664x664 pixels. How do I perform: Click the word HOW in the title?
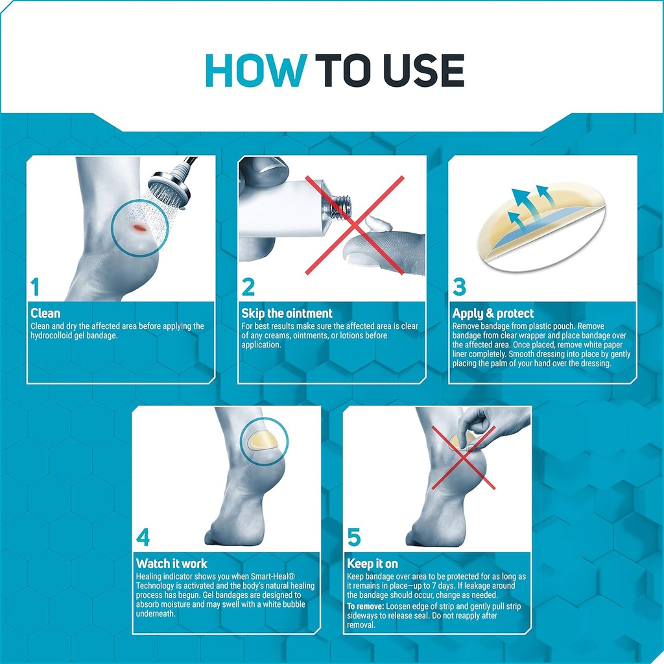coord(255,70)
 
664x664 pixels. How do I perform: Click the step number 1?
coord(35,287)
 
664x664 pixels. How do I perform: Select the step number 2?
coord(248,287)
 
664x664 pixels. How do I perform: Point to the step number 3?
coord(459,287)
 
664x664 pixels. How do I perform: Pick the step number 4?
coord(143,538)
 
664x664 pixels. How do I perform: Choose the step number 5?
coord(353,538)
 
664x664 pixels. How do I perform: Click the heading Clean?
coord(45,313)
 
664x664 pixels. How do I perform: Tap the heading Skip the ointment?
coord(287,313)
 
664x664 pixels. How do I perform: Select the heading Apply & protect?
coord(493,314)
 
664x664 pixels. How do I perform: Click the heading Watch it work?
coord(171,563)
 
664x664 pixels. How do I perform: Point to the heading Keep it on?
coord(372,564)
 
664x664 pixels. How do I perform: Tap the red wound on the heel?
coord(140,228)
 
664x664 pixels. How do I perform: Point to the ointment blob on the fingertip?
coord(377,223)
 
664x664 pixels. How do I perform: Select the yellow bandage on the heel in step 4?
coord(263,440)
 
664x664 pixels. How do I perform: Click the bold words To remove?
coord(366,606)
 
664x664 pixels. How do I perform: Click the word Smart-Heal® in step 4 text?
coord(273,576)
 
